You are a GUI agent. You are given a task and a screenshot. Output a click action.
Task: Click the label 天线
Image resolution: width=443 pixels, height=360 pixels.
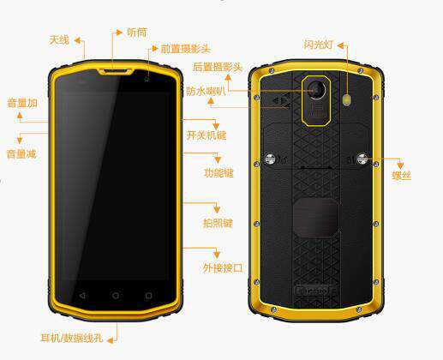point(59,40)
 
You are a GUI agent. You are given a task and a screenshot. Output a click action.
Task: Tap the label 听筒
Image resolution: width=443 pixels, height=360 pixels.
point(137,33)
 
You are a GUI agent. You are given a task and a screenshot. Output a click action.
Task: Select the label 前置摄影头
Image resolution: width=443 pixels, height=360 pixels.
point(186,49)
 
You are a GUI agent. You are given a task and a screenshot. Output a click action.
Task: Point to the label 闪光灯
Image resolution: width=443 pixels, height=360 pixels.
point(319,45)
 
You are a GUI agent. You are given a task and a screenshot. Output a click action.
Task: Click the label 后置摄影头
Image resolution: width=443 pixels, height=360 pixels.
point(218,67)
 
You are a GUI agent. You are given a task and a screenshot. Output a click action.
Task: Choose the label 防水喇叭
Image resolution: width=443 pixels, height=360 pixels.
point(206,91)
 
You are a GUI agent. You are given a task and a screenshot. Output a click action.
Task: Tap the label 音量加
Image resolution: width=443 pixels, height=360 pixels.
point(22,103)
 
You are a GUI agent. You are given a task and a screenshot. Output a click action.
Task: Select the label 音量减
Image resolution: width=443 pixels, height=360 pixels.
point(21,154)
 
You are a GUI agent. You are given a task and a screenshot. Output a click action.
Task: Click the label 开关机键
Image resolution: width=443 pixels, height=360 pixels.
point(207,135)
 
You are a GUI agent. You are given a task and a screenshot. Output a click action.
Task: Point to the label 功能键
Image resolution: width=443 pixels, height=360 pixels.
point(219,173)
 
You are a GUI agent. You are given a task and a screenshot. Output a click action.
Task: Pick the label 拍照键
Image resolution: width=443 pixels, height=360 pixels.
point(218,223)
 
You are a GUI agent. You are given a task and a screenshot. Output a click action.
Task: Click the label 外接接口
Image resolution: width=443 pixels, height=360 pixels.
point(223,268)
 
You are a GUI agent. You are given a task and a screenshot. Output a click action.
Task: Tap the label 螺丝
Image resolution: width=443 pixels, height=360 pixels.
point(402,176)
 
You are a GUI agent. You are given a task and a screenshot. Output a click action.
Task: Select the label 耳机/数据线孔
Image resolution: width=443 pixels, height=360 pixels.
point(72,339)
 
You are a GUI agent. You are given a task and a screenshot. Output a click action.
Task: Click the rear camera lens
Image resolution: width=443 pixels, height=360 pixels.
point(317,90)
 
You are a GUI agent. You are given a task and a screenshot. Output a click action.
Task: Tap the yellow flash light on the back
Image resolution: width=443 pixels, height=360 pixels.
point(347,100)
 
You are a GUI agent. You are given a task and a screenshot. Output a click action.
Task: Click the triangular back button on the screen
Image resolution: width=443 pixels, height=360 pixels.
point(82,296)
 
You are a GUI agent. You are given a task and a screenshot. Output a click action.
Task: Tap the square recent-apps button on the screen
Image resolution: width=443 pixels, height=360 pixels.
point(148,296)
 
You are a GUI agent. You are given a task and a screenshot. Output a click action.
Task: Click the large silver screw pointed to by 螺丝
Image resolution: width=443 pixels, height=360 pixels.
point(362,159)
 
